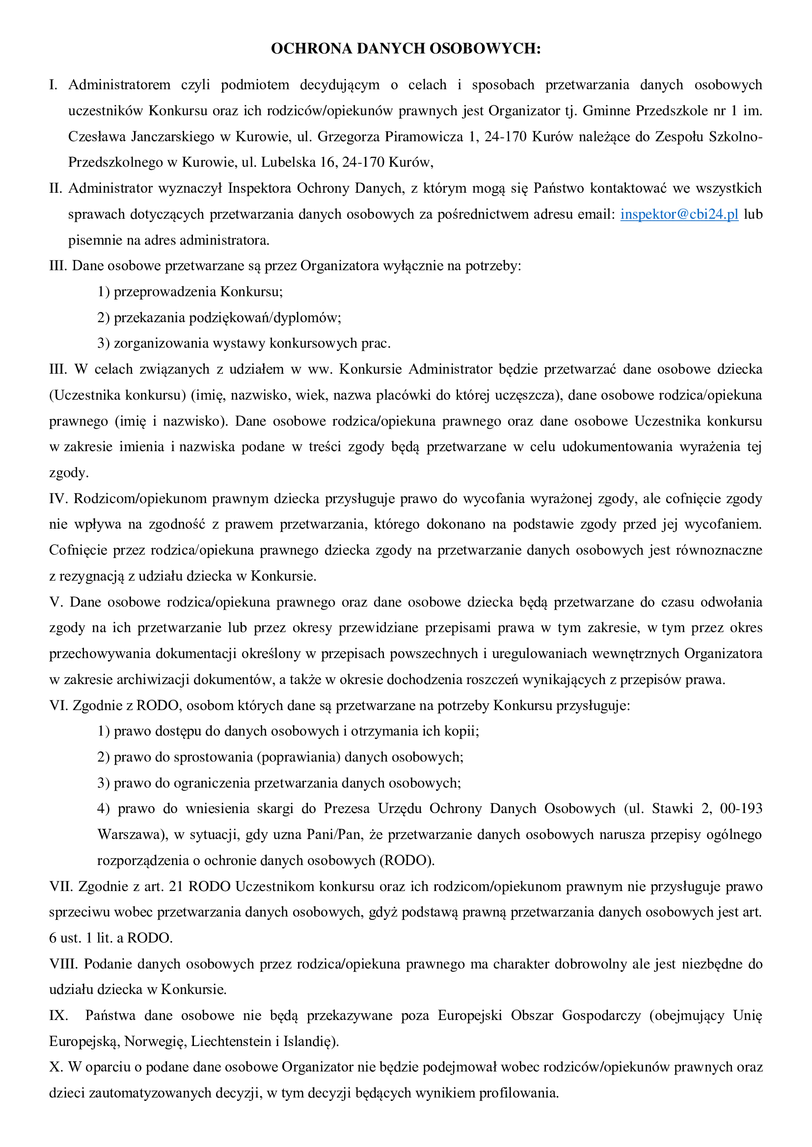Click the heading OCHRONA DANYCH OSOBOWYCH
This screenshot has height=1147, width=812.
pyautogui.click(x=406, y=49)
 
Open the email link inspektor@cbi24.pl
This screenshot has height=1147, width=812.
pyautogui.click(x=679, y=214)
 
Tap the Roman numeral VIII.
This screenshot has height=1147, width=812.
pyautogui.click(x=63, y=964)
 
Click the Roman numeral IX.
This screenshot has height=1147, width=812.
pyautogui.click(x=58, y=1016)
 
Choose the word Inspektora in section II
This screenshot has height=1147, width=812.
pyautogui.click(x=260, y=188)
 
